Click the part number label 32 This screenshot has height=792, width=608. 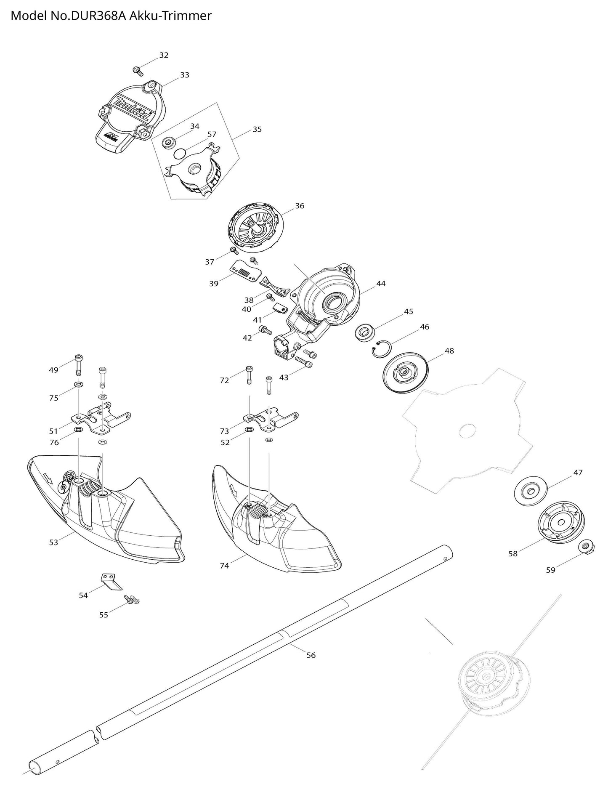coord(164,55)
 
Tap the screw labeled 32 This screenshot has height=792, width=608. coord(136,70)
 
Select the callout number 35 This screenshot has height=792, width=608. coord(257,129)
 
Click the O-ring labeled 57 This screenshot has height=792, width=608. coord(179,152)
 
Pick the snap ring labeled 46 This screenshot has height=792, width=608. coord(381,349)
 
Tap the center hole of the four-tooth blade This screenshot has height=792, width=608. coord(467,431)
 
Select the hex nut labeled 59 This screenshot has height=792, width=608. coord(585,547)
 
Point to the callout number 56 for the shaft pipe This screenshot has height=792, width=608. coord(311,655)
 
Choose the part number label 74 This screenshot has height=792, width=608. coord(224,566)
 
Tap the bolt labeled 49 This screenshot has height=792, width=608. coord(79,364)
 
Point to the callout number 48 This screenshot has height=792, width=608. coord(449,351)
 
